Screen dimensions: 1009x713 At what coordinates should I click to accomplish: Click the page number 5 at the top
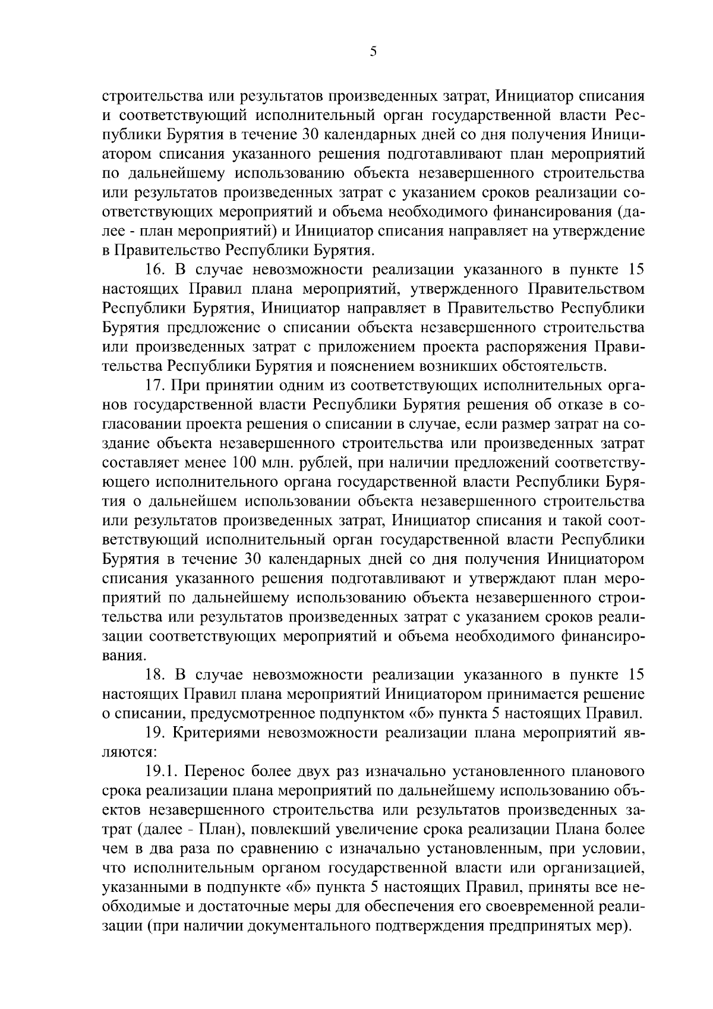373,52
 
